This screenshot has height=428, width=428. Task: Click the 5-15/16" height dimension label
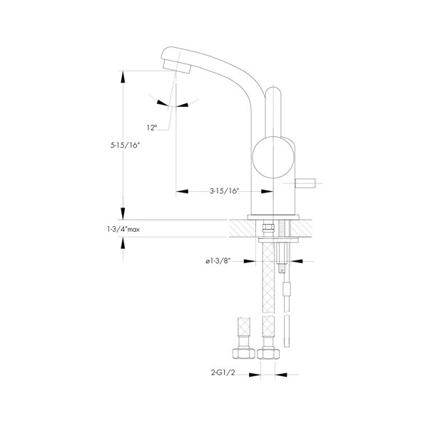(125, 146)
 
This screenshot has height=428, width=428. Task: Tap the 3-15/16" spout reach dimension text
(225, 191)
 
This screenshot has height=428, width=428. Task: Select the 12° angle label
(152, 128)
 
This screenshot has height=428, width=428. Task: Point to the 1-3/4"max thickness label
(123, 229)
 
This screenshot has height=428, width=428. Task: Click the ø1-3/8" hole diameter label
(218, 261)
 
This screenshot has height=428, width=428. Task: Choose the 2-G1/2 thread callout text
(223, 372)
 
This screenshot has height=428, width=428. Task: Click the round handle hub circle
(273, 157)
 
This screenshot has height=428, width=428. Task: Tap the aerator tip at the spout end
(176, 66)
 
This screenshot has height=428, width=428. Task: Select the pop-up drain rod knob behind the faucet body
(305, 183)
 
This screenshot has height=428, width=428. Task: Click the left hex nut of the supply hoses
(244, 353)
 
